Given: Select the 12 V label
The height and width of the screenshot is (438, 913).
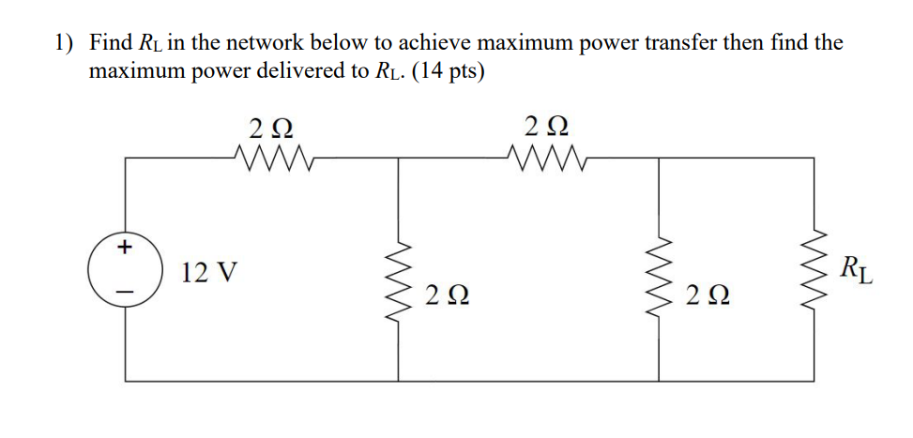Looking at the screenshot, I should pos(209,274).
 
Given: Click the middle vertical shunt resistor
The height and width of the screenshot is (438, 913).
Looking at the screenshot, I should pos(401,272).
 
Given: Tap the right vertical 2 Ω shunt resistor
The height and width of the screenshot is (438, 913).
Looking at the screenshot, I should pos(660,272).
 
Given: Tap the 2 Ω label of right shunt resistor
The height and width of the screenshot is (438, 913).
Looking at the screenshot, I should pos(707,296).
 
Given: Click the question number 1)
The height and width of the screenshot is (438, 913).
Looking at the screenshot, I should pos(63,43).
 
